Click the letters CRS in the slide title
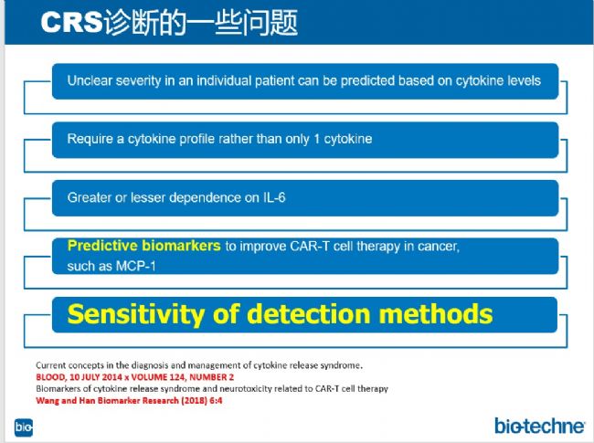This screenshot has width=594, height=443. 71,22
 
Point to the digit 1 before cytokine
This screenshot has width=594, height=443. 317,139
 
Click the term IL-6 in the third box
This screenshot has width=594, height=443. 274,197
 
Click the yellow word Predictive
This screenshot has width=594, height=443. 103,246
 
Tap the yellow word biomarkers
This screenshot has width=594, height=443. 182,246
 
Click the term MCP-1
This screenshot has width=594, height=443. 135,266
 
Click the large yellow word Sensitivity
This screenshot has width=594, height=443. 136,314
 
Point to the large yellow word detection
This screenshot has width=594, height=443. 309,314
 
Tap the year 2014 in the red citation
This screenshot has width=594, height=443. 112,377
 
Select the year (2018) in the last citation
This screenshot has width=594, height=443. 194,401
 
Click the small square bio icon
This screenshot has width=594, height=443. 24,427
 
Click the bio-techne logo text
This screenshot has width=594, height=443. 539,426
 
